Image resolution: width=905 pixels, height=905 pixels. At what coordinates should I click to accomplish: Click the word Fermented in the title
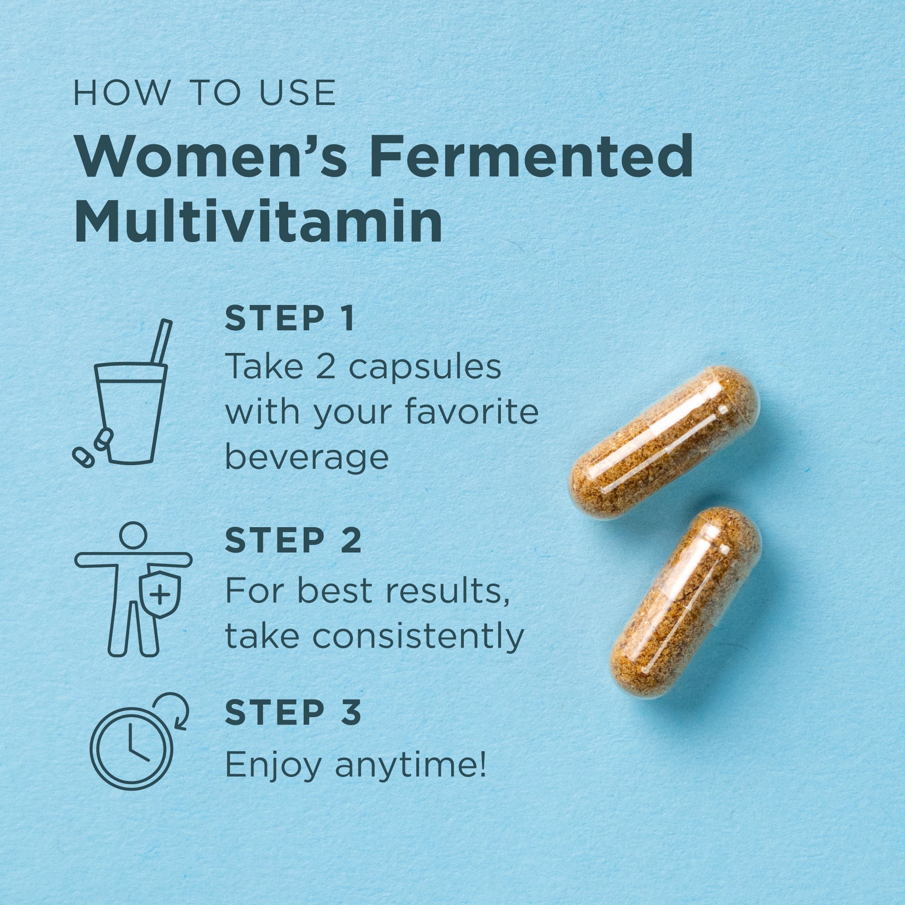click(530, 156)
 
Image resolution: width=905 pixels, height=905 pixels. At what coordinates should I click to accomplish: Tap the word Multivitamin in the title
click(258, 221)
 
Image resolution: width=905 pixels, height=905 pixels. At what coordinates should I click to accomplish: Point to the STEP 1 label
click(289, 319)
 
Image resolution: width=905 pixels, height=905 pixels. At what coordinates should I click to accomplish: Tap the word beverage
click(307, 457)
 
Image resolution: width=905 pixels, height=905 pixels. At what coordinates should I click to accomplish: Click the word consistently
click(417, 636)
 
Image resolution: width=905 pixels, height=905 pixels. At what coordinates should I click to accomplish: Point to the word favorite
click(471, 412)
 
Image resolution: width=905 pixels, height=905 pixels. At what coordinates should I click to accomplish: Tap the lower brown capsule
click(685, 605)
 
